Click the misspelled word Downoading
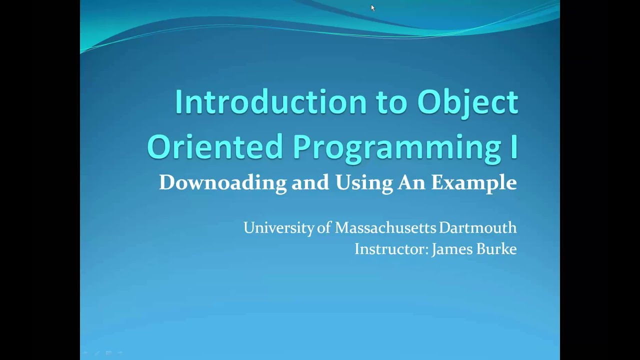pos(222,182)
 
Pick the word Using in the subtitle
pos(364,183)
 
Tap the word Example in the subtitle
pos(473,183)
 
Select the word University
pos(279,228)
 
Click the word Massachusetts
pos(385,228)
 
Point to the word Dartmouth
pos(477,228)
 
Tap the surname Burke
pos(496,249)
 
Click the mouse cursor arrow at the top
pos(372,7)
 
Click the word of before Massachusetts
pos(324,228)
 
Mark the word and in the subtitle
pos(310,183)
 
